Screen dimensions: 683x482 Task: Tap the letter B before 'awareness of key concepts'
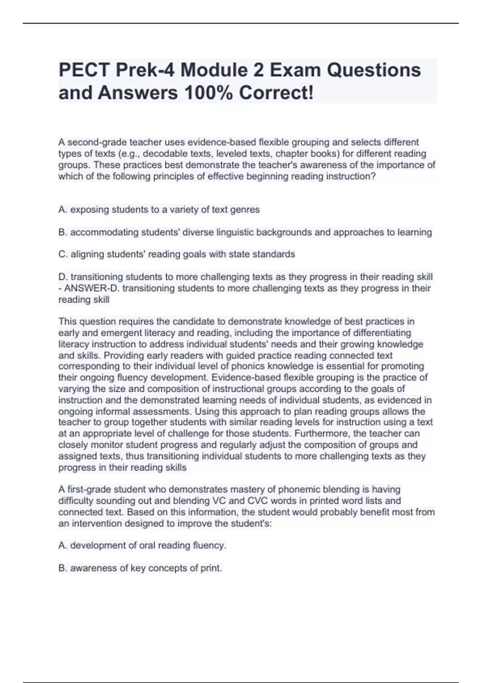pyautogui.click(x=61, y=568)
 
